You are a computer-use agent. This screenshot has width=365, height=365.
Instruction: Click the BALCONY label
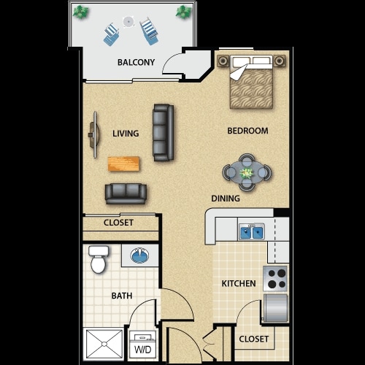[x=136, y=62]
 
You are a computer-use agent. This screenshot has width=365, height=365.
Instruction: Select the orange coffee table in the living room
[x=124, y=164]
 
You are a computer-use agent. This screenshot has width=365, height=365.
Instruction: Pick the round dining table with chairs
[x=247, y=174]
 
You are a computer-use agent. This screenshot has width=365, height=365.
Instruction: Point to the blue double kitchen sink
[x=252, y=232]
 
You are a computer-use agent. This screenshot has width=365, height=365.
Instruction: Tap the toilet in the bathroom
[x=97, y=258]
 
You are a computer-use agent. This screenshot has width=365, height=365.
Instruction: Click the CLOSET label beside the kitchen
[x=253, y=339]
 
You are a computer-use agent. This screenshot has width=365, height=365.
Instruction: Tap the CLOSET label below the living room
[x=118, y=223]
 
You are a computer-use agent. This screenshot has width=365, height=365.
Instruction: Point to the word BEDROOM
[x=248, y=131]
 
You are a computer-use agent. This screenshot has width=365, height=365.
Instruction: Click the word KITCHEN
[x=239, y=283]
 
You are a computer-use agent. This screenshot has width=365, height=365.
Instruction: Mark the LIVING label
[x=126, y=134]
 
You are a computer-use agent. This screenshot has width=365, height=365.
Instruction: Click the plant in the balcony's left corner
[x=82, y=12]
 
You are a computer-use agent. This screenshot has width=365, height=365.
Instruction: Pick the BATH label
[x=122, y=296]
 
